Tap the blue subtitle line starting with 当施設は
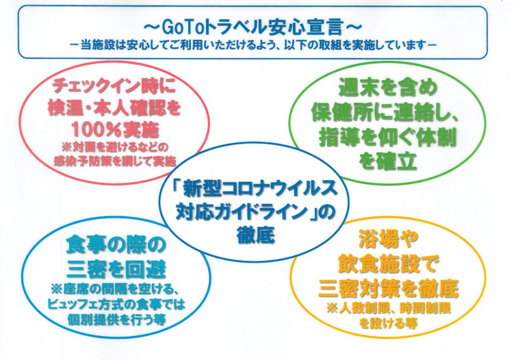[253, 45]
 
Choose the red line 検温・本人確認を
[114, 108]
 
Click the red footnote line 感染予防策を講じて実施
[115, 161]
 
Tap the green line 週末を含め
[388, 88]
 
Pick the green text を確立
[388, 161]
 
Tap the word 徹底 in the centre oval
[255, 235]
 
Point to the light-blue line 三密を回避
[116, 270]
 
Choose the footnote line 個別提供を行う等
[116, 319]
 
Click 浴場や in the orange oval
[388, 239]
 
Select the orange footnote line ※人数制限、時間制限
[389, 308]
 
